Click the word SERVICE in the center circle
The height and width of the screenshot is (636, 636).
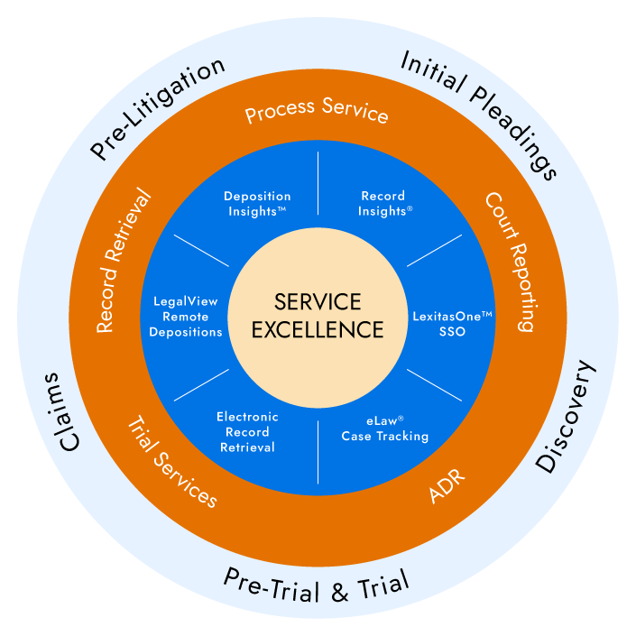point(318,302)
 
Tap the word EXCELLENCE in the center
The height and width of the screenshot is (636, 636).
point(318,329)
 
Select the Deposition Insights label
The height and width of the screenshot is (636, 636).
point(258,204)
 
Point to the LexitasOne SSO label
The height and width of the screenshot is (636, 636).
point(452,324)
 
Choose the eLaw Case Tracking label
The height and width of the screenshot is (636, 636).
point(385,429)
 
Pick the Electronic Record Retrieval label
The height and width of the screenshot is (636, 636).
point(247,432)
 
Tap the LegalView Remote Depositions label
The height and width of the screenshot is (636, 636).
point(186,317)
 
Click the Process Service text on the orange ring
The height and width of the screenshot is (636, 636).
point(317,109)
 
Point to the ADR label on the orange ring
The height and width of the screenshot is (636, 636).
point(447,486)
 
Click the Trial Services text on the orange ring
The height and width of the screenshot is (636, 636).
point(172,463)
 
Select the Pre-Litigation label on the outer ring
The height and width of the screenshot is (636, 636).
point(157,108)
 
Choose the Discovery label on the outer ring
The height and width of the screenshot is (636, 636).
point(567,417)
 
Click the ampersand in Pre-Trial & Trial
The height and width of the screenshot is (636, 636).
point(340,592)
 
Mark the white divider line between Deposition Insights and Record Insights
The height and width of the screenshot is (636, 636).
point(318,183)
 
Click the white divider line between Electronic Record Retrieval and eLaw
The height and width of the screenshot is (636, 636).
point(318,452)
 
